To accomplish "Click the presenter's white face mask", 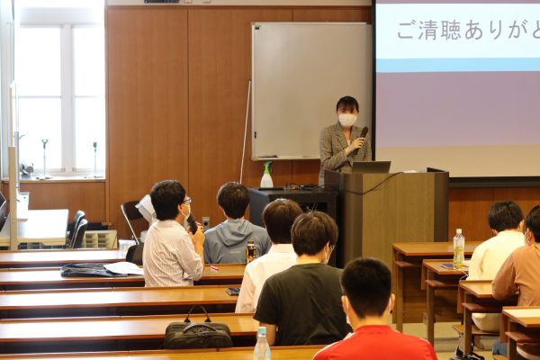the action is (x=346, y=119).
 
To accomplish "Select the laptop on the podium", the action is (x=371, y=167).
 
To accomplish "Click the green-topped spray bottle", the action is (x=266, y=175).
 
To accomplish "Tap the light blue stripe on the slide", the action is (x=458, y=65).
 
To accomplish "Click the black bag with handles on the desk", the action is (x=198, y=331).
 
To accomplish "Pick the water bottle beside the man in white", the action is (x=459, y=248).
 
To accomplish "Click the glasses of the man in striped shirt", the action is (x=186, y=200).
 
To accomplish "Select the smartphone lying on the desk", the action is (x=233, y=291).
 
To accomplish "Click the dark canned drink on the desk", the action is (x=251, y=252).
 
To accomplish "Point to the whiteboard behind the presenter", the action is (x=311, y=91).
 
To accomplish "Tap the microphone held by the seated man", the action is (x=193, y=225).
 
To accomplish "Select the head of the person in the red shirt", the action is (x=367, y=288).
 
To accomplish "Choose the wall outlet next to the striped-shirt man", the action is (x=205, y=222).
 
